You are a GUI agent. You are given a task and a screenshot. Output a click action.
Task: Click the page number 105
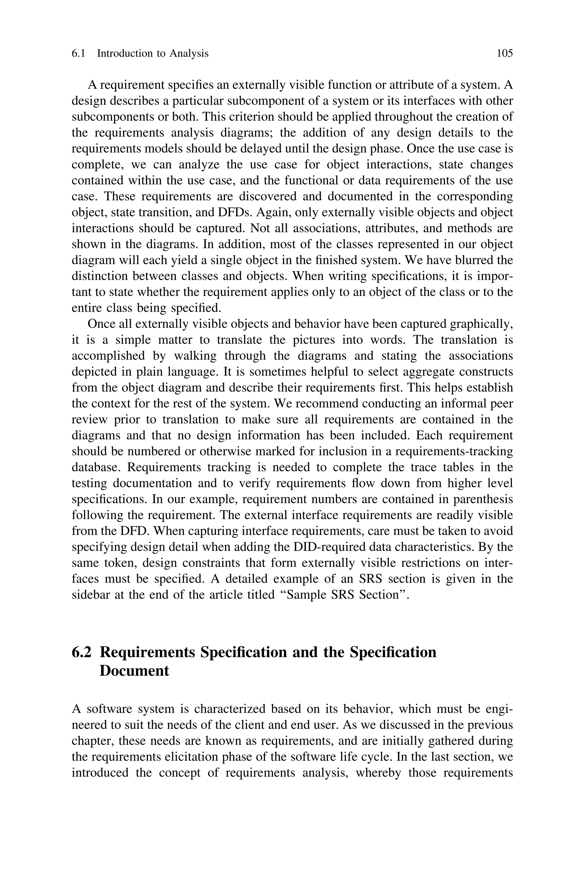click(x=505, y=53)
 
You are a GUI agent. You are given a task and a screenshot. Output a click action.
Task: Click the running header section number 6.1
click(x=78, y=53)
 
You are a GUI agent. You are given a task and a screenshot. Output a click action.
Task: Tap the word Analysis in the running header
click(x=189, y=53)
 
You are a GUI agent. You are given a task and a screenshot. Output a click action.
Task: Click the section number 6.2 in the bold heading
click(x=81, y=652)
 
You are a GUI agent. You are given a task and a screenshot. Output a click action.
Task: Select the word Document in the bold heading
click(x=134, y=671)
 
